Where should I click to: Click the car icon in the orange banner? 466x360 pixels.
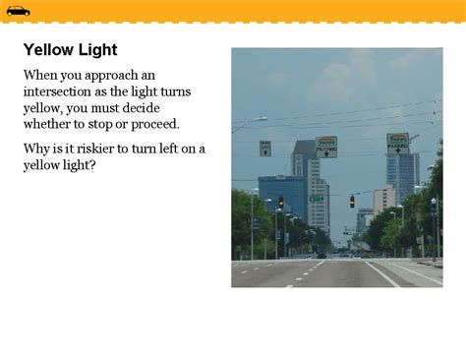[x=18, y=11]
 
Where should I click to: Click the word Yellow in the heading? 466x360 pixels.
[x=48, y=50]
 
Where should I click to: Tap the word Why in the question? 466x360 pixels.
[x=36, y=149]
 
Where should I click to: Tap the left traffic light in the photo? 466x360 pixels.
[x=280, y=202]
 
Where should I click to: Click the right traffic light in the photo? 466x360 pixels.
[x=352, y=201]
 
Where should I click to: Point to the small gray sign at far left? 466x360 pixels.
[x=264, y=148]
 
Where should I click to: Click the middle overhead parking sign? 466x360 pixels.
[x=325, y=147]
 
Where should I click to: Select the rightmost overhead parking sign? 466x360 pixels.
[x=397, y=143]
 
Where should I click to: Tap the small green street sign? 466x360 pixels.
[x=317, y=199]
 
